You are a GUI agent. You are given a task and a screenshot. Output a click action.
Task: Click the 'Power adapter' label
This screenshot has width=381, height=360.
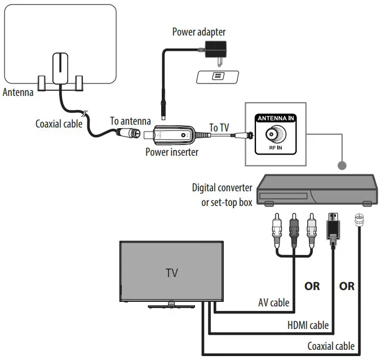[198, 32]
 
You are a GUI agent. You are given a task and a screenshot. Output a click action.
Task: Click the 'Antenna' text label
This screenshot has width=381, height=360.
[18, 92]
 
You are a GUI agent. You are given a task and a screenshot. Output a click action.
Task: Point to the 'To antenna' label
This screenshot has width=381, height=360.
[130, 120]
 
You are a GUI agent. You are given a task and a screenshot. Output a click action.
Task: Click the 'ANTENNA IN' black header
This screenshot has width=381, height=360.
[276, 118]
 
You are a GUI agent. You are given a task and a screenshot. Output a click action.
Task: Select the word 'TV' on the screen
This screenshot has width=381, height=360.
[172, 273]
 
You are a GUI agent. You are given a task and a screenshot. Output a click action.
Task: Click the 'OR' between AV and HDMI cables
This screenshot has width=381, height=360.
[312, 286]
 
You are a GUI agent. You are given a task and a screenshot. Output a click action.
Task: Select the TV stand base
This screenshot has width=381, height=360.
[171, 306]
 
